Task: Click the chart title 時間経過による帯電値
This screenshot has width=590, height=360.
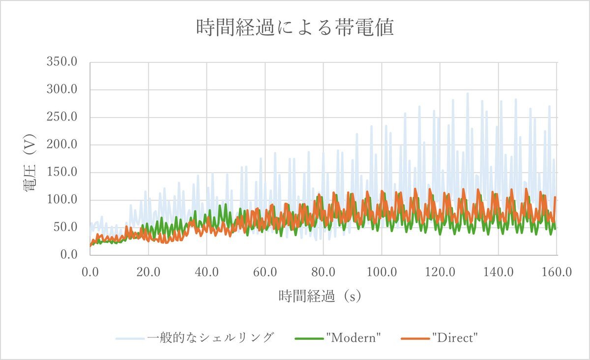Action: tap(295, 28)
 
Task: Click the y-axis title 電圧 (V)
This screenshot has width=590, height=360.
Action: tap(30, 158)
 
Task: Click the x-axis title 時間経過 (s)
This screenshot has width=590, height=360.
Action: tap(320, 296)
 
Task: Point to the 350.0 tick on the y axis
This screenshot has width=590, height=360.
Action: tap(62, 62)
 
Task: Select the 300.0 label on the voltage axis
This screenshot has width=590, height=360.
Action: tap(62, 90)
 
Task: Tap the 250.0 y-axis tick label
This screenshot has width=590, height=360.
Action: tap(62, 118)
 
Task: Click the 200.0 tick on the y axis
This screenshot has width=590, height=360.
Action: tap(62, 145)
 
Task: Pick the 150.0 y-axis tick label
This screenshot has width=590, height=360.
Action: tap(62, 173)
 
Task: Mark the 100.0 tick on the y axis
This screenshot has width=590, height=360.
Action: tap(62, 200)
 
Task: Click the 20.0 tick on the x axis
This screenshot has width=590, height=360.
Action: tap(148, 271)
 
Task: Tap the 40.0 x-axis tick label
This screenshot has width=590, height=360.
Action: tap(206, 271)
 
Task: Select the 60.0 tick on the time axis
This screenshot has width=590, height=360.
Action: tap(265, 271)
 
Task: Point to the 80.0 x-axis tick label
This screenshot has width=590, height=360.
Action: tap(323, 271)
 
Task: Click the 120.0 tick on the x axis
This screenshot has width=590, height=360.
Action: tap(440, 271)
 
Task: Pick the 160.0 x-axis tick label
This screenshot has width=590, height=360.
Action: tap(556, 271)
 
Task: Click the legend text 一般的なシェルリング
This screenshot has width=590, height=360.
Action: tap(210, 338)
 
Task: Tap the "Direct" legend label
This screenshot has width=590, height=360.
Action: tap(456, 338)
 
